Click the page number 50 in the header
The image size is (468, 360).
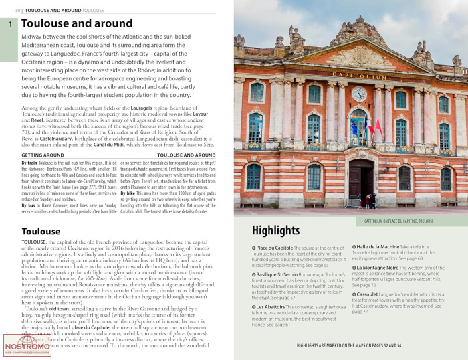[17, 11]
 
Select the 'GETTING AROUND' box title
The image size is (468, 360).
[43, 155]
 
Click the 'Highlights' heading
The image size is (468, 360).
[275, 230]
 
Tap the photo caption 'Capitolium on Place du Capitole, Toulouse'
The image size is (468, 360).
[394, 220]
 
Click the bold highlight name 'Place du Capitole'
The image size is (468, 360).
[275, 248]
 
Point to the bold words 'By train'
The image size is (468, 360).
[29, 163]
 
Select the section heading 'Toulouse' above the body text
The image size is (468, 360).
[41, 232]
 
